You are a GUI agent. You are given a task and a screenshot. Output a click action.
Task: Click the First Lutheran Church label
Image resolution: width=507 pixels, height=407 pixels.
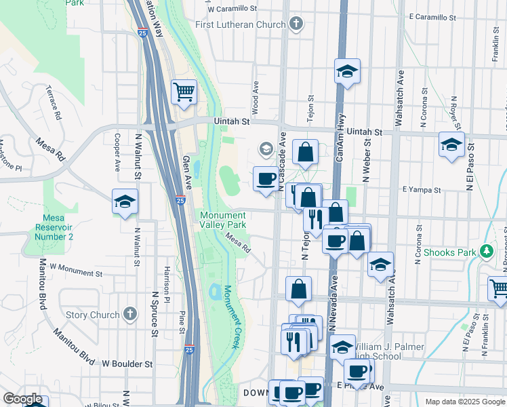pyautogui.click(x=239, y=25)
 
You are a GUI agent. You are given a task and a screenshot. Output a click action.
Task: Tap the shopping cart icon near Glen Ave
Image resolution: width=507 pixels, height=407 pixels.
pyautogui.click(x=184, y=92)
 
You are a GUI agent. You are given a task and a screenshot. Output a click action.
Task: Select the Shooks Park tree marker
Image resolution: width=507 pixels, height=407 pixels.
pyautogui.click(x=486, y=252)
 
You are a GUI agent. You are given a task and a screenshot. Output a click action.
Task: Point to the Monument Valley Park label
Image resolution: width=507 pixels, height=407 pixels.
pyautogui.click(x=223, y=220)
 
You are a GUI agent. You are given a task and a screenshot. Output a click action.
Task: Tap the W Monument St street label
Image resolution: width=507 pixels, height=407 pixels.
pyautogui.click(x=75, y=271)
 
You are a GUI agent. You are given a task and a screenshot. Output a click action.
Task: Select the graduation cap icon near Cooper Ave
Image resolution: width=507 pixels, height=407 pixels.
pyautogui.click(x=124, y=201)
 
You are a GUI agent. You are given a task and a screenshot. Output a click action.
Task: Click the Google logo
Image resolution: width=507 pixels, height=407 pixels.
pyautogui.click(x=22, y=399)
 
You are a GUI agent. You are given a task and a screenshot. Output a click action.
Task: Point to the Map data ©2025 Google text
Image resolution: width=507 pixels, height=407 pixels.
pyautogui.click(x=465, y=402)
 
